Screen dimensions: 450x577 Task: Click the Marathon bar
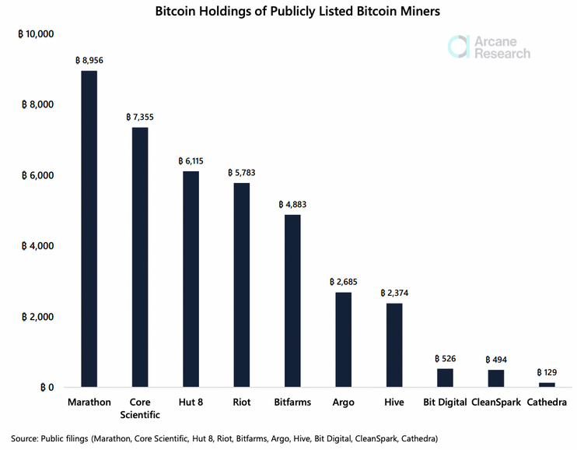tap(89, 229)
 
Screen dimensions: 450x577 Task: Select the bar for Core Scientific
tap(140, 257)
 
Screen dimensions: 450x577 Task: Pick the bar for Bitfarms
tap(292, 301)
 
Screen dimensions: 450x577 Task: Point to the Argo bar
tap(343, 339)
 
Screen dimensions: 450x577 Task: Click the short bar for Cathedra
tap(547, 385)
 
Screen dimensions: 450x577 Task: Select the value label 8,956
tap(89, 59)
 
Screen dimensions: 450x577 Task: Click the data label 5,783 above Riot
tap(242, 172)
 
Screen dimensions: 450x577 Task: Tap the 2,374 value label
tap(394, 293)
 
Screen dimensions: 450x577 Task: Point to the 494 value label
tap(496, 359)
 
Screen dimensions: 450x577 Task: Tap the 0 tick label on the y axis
tap(47, 387)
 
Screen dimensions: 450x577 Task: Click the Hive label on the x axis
tap(394, 403)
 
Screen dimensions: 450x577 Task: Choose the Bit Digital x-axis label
tap(445, 403)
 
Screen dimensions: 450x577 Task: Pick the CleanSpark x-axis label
tap(496, 403)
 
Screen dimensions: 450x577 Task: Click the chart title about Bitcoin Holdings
tap(289, 12)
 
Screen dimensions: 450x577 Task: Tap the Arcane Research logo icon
tap(459, 46)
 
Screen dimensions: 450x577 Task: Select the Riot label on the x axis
tap(242, 403)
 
